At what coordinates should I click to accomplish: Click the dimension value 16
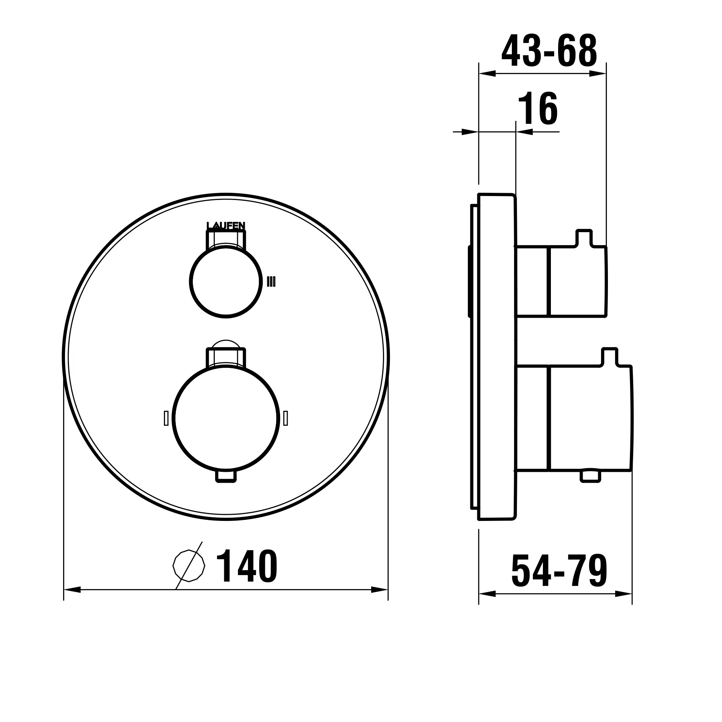[x=538, y=109]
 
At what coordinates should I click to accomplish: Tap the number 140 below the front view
[x=247, y=566]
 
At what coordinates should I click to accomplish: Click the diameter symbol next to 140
[x=189, y=565]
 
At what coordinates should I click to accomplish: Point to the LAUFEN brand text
[x=226, y=226]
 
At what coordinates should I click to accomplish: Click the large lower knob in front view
[x=226, y=418]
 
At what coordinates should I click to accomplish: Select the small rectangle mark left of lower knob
[x=166, y=418]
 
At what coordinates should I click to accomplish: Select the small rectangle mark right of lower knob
[x=286, y=418]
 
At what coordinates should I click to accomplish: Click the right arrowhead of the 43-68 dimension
[x=597, y=74]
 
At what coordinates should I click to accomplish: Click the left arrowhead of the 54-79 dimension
[x=487, y=594]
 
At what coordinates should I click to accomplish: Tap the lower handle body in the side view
[x=590, y=418]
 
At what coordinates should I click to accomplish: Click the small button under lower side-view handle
[x=591, y=477]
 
